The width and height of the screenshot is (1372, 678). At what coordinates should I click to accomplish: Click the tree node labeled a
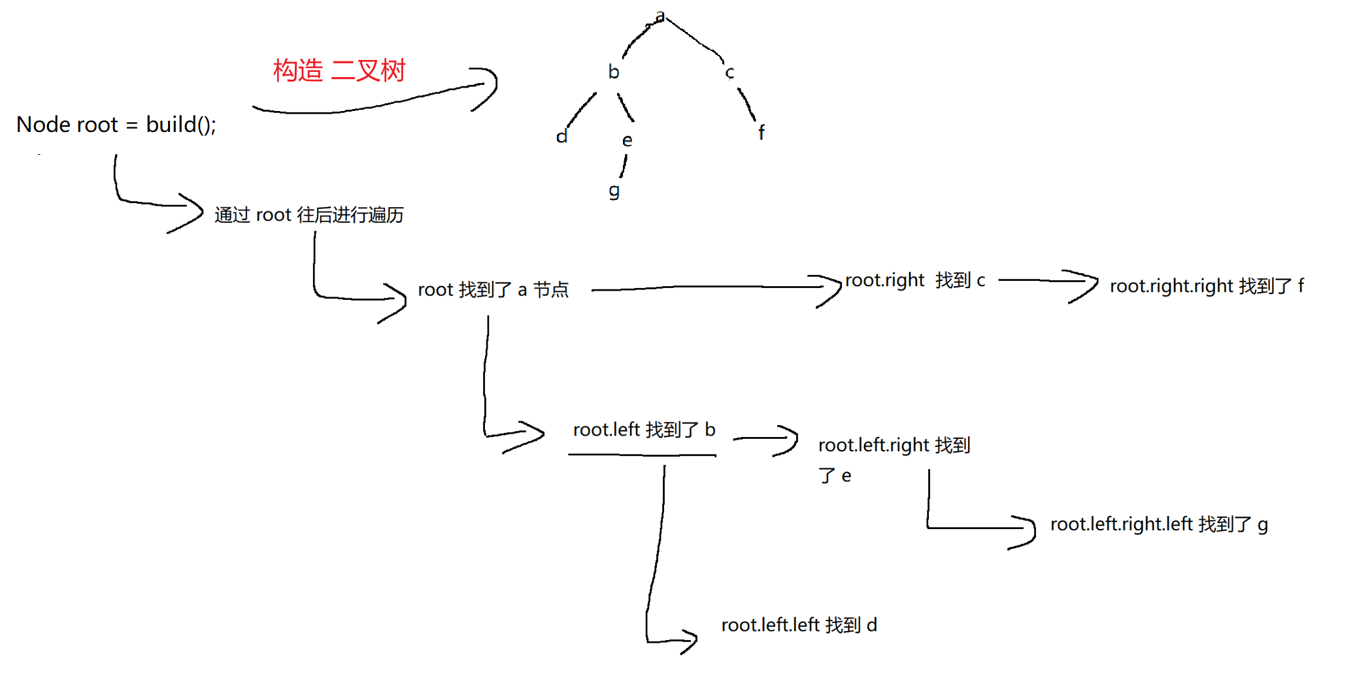point(660,16)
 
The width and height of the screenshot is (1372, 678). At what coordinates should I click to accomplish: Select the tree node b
point(613,71)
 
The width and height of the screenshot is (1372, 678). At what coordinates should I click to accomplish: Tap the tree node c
point(729,73)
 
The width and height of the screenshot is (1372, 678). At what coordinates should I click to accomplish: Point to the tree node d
point(561,137)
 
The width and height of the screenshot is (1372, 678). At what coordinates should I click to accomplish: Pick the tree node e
point(627,140)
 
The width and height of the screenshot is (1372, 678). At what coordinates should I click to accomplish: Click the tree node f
point(761,133)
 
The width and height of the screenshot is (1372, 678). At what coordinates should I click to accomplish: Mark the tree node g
point(614,191)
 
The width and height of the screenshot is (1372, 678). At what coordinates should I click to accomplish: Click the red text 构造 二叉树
point(339,71)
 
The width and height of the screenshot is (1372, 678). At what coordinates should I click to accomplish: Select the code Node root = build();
point(116,124)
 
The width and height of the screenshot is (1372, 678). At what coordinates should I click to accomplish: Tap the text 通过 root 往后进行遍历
point(309,215)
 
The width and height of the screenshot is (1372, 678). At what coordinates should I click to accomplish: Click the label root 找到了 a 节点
point(493,289)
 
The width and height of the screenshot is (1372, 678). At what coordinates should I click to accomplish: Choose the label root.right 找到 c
point(914,280)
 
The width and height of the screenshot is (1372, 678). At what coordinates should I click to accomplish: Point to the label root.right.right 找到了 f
point(1207,286)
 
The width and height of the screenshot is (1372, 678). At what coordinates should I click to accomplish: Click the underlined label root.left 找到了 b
point(644,430)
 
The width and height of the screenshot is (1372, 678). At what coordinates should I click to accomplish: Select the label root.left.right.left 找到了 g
point(1159,525)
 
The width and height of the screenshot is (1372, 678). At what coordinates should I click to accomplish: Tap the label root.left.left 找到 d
point(799,625)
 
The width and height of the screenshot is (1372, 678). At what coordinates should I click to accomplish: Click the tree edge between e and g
point(624,167)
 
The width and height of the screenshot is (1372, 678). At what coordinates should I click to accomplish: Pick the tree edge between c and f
point(748,105)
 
